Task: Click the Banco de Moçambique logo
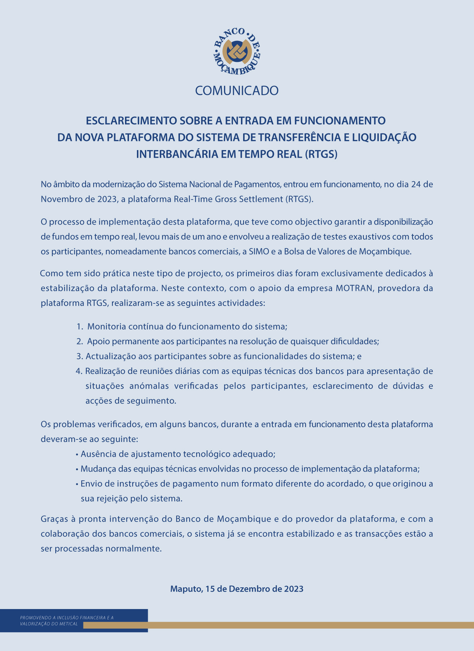[237, 51]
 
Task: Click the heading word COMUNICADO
[237, 90]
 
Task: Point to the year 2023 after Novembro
[106, 199]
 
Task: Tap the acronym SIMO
[259, 251]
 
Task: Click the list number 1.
[79, 327]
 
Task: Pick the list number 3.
[79, 356]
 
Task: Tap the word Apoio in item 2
[97, 341]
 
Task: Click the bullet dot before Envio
[77, 484]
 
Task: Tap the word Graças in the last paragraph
[53, 519]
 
